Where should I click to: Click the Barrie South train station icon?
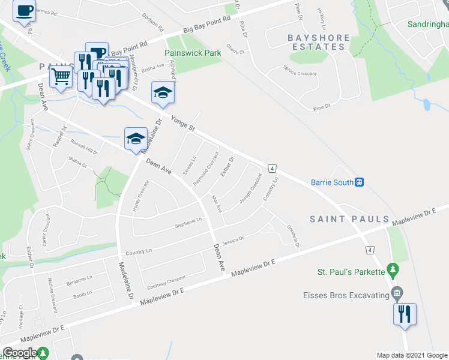[360, 182]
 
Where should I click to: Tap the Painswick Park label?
[193, 53]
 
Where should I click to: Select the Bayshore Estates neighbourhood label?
[310, 42]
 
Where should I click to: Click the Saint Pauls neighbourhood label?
[349, 220]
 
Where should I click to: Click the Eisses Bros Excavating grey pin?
[396, 294]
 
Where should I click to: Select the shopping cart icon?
[61, 77]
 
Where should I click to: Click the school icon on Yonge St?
[163, 93]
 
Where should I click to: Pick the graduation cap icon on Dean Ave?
[136, 139]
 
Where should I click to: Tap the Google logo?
[20, 353]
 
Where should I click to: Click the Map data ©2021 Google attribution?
[412, 355]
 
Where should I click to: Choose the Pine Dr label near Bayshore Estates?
[322, 107]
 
